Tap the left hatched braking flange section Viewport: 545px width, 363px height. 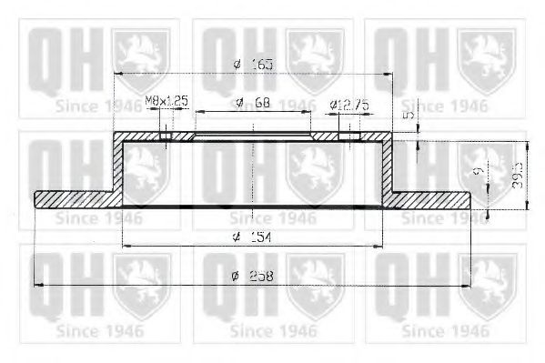[73, 197]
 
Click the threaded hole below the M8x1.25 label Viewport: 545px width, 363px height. [165, 137]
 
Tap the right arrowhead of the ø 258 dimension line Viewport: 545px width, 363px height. [467, 286]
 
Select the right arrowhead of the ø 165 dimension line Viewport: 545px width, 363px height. [389, 73]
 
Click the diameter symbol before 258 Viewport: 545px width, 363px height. [235, 277]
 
